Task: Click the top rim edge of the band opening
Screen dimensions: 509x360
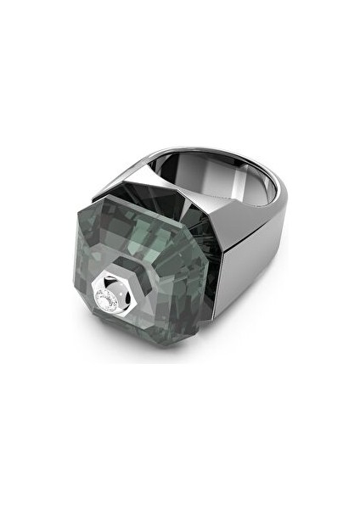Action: pyautogui.click(x=246, y=152)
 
